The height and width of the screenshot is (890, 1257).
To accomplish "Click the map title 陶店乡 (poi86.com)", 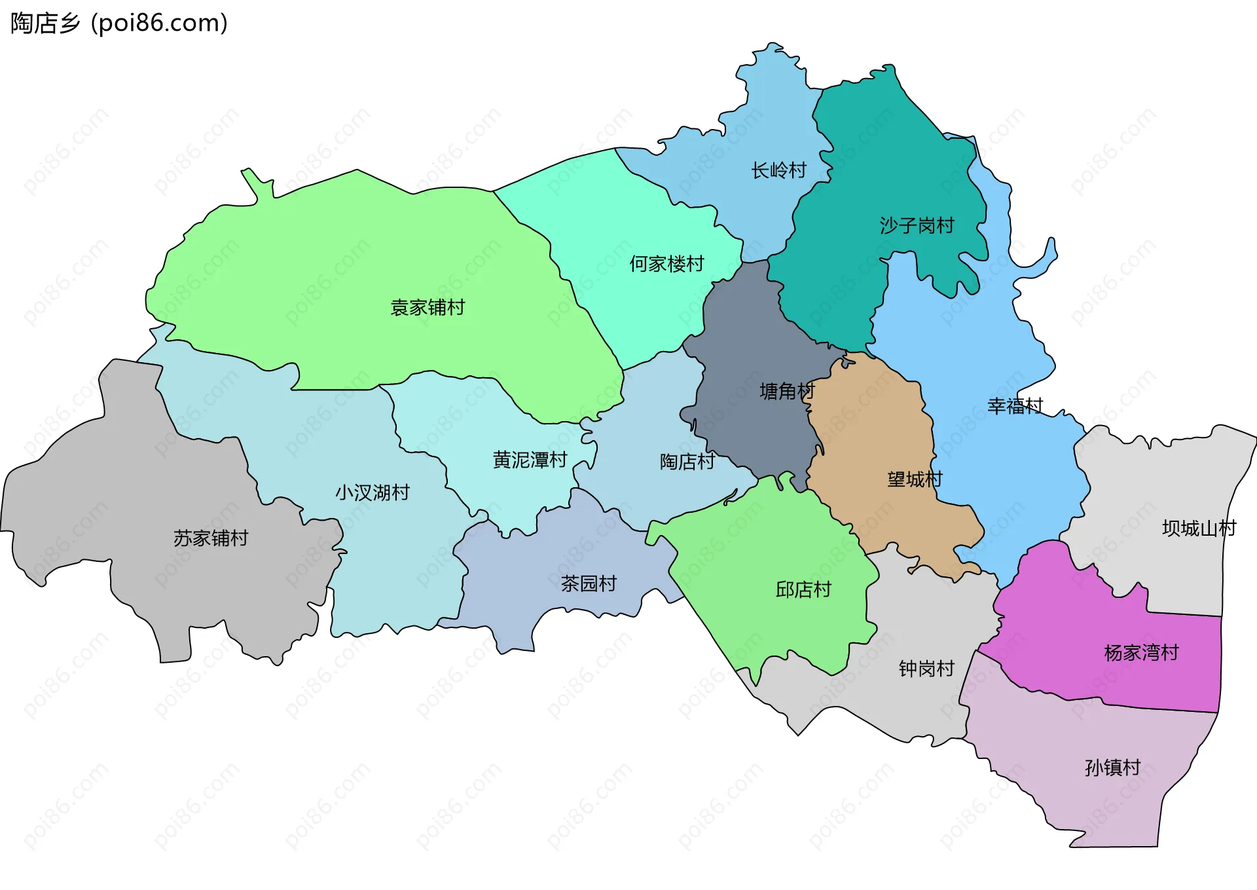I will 119,23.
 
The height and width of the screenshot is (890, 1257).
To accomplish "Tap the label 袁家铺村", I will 428,307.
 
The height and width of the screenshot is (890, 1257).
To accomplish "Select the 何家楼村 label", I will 666,264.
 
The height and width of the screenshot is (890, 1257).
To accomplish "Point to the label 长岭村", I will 778,171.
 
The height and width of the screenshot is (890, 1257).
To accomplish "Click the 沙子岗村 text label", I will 917,226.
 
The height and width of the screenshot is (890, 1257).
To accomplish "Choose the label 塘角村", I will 787,392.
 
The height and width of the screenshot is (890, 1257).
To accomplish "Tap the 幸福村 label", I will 1015,406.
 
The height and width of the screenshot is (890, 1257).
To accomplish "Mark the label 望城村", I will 915,479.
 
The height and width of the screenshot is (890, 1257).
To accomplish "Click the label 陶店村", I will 687,462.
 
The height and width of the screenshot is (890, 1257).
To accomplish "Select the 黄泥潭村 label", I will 530,460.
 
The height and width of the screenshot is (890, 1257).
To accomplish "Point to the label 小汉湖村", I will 373,492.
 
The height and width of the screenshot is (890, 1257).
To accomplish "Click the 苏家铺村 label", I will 211,538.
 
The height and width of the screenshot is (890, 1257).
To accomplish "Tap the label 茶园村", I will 589,584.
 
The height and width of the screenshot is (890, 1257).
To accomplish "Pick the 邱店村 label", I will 803,590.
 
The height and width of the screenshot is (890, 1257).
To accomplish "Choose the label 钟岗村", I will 926,669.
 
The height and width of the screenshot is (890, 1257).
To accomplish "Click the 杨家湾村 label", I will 1141,653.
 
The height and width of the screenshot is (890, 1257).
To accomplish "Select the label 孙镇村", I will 1112,768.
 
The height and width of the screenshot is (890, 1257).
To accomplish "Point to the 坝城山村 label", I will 1199,528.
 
